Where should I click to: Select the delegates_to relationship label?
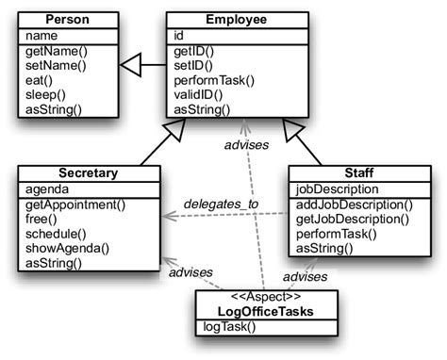(221, 202)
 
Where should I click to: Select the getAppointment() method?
(74, 205)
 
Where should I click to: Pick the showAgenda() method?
(67, 249)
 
